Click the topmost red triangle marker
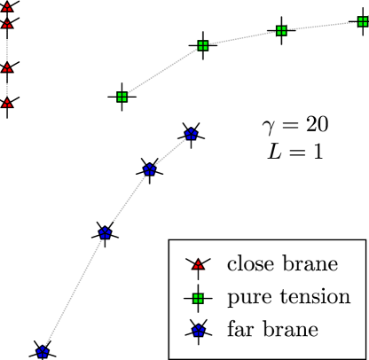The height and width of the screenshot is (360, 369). click(7, 8)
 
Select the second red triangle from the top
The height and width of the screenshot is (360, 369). click(7, 24)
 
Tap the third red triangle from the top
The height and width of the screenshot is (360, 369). click(7, 67)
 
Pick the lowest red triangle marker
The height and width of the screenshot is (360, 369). click(7, 103)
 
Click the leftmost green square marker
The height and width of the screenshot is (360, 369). click(122, 97)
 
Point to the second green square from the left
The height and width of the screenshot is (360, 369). click(202, 44)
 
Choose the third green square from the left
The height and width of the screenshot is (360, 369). click(281, 30)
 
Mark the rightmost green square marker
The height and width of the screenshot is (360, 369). click(361, 20)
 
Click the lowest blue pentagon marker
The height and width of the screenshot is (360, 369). click(42, 352)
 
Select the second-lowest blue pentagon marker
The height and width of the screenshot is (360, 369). click(105, 233)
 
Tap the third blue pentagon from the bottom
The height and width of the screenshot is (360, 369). click(150, 170)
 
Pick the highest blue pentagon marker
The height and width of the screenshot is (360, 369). click(191, 135)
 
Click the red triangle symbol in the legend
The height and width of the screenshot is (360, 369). click(198, 264)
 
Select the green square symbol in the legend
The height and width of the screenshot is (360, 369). click(198, 297)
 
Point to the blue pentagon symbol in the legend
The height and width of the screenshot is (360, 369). click(198, 330)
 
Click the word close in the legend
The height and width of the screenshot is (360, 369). click(251, 264)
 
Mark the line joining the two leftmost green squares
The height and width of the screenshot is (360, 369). click(161, 71)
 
